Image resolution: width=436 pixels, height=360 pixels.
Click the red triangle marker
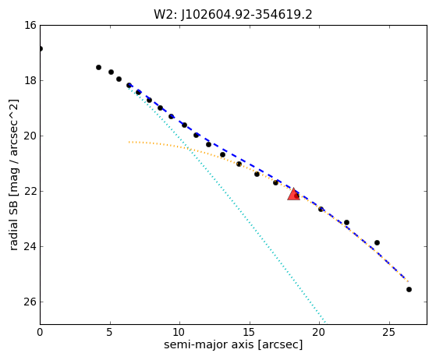(293, 194)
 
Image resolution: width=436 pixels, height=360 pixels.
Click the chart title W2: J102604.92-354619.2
(233, 15)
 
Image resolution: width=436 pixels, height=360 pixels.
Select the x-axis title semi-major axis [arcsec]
(233, 344)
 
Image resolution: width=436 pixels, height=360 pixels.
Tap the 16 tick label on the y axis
(30, 25)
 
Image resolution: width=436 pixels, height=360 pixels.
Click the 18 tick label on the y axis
(30, 80)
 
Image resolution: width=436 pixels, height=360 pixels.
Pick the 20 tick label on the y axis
(30, 136)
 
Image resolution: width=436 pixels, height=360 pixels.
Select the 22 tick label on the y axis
(30, 191)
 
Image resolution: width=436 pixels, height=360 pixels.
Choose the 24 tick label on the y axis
(30, 246)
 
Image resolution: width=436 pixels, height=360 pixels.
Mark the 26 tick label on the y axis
(30, 302)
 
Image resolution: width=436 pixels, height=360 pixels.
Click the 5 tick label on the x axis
(110, 332)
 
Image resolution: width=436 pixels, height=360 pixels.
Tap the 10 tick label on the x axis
(179, 332)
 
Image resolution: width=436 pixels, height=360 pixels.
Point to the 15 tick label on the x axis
(250, 332)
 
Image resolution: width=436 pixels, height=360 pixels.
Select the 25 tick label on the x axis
(389, 332)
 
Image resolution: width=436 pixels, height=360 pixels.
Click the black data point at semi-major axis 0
(41, 49)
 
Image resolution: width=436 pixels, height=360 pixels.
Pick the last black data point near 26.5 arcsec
(409, 289)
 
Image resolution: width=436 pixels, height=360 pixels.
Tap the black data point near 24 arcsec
(377, 243)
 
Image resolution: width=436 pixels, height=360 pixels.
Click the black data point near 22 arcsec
(346, 223)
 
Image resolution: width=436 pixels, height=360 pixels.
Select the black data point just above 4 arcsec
(98, 68)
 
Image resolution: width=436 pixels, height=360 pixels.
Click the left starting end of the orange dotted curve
(129, 143)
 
